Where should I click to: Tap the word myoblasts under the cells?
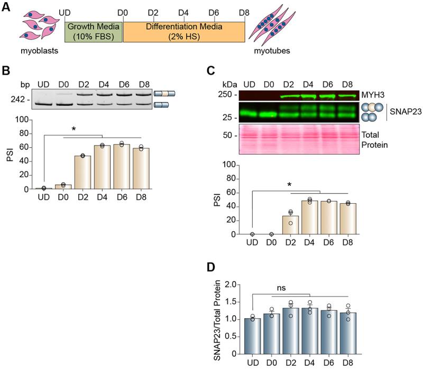(x=40, y=51)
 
